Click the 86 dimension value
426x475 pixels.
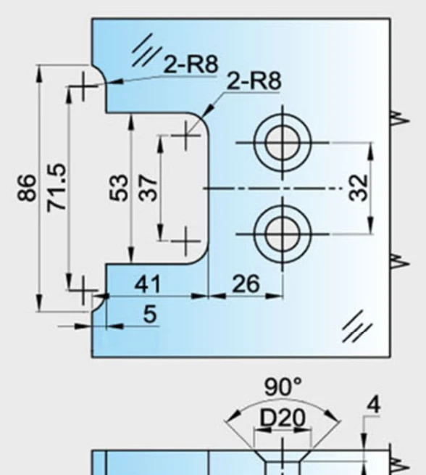27,188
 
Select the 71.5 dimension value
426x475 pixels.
57,187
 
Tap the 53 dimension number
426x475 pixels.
118,188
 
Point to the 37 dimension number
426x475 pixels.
148,188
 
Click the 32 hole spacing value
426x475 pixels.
359,188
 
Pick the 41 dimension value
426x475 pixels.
147,284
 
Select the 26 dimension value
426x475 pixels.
246,284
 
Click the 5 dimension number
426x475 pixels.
151,314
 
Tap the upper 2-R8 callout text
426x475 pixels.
191,64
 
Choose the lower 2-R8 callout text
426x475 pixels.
254,80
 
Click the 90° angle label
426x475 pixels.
283,387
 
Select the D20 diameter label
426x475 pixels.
283,418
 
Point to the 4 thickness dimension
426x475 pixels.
374,405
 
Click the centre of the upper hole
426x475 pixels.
283,142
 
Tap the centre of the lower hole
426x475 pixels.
283,234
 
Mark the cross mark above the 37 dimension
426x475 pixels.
185,135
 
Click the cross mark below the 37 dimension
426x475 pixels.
185,241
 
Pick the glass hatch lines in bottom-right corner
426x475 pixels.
357,326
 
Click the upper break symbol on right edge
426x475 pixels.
400,118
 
